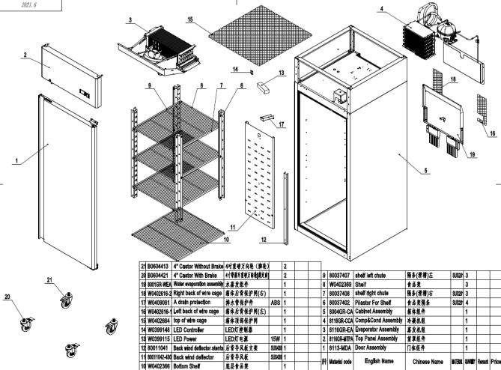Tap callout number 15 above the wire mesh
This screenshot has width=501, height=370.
click(190, 18)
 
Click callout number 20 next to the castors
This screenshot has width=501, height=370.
click(8, 296)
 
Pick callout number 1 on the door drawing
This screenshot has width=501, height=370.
click(16, 160)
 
